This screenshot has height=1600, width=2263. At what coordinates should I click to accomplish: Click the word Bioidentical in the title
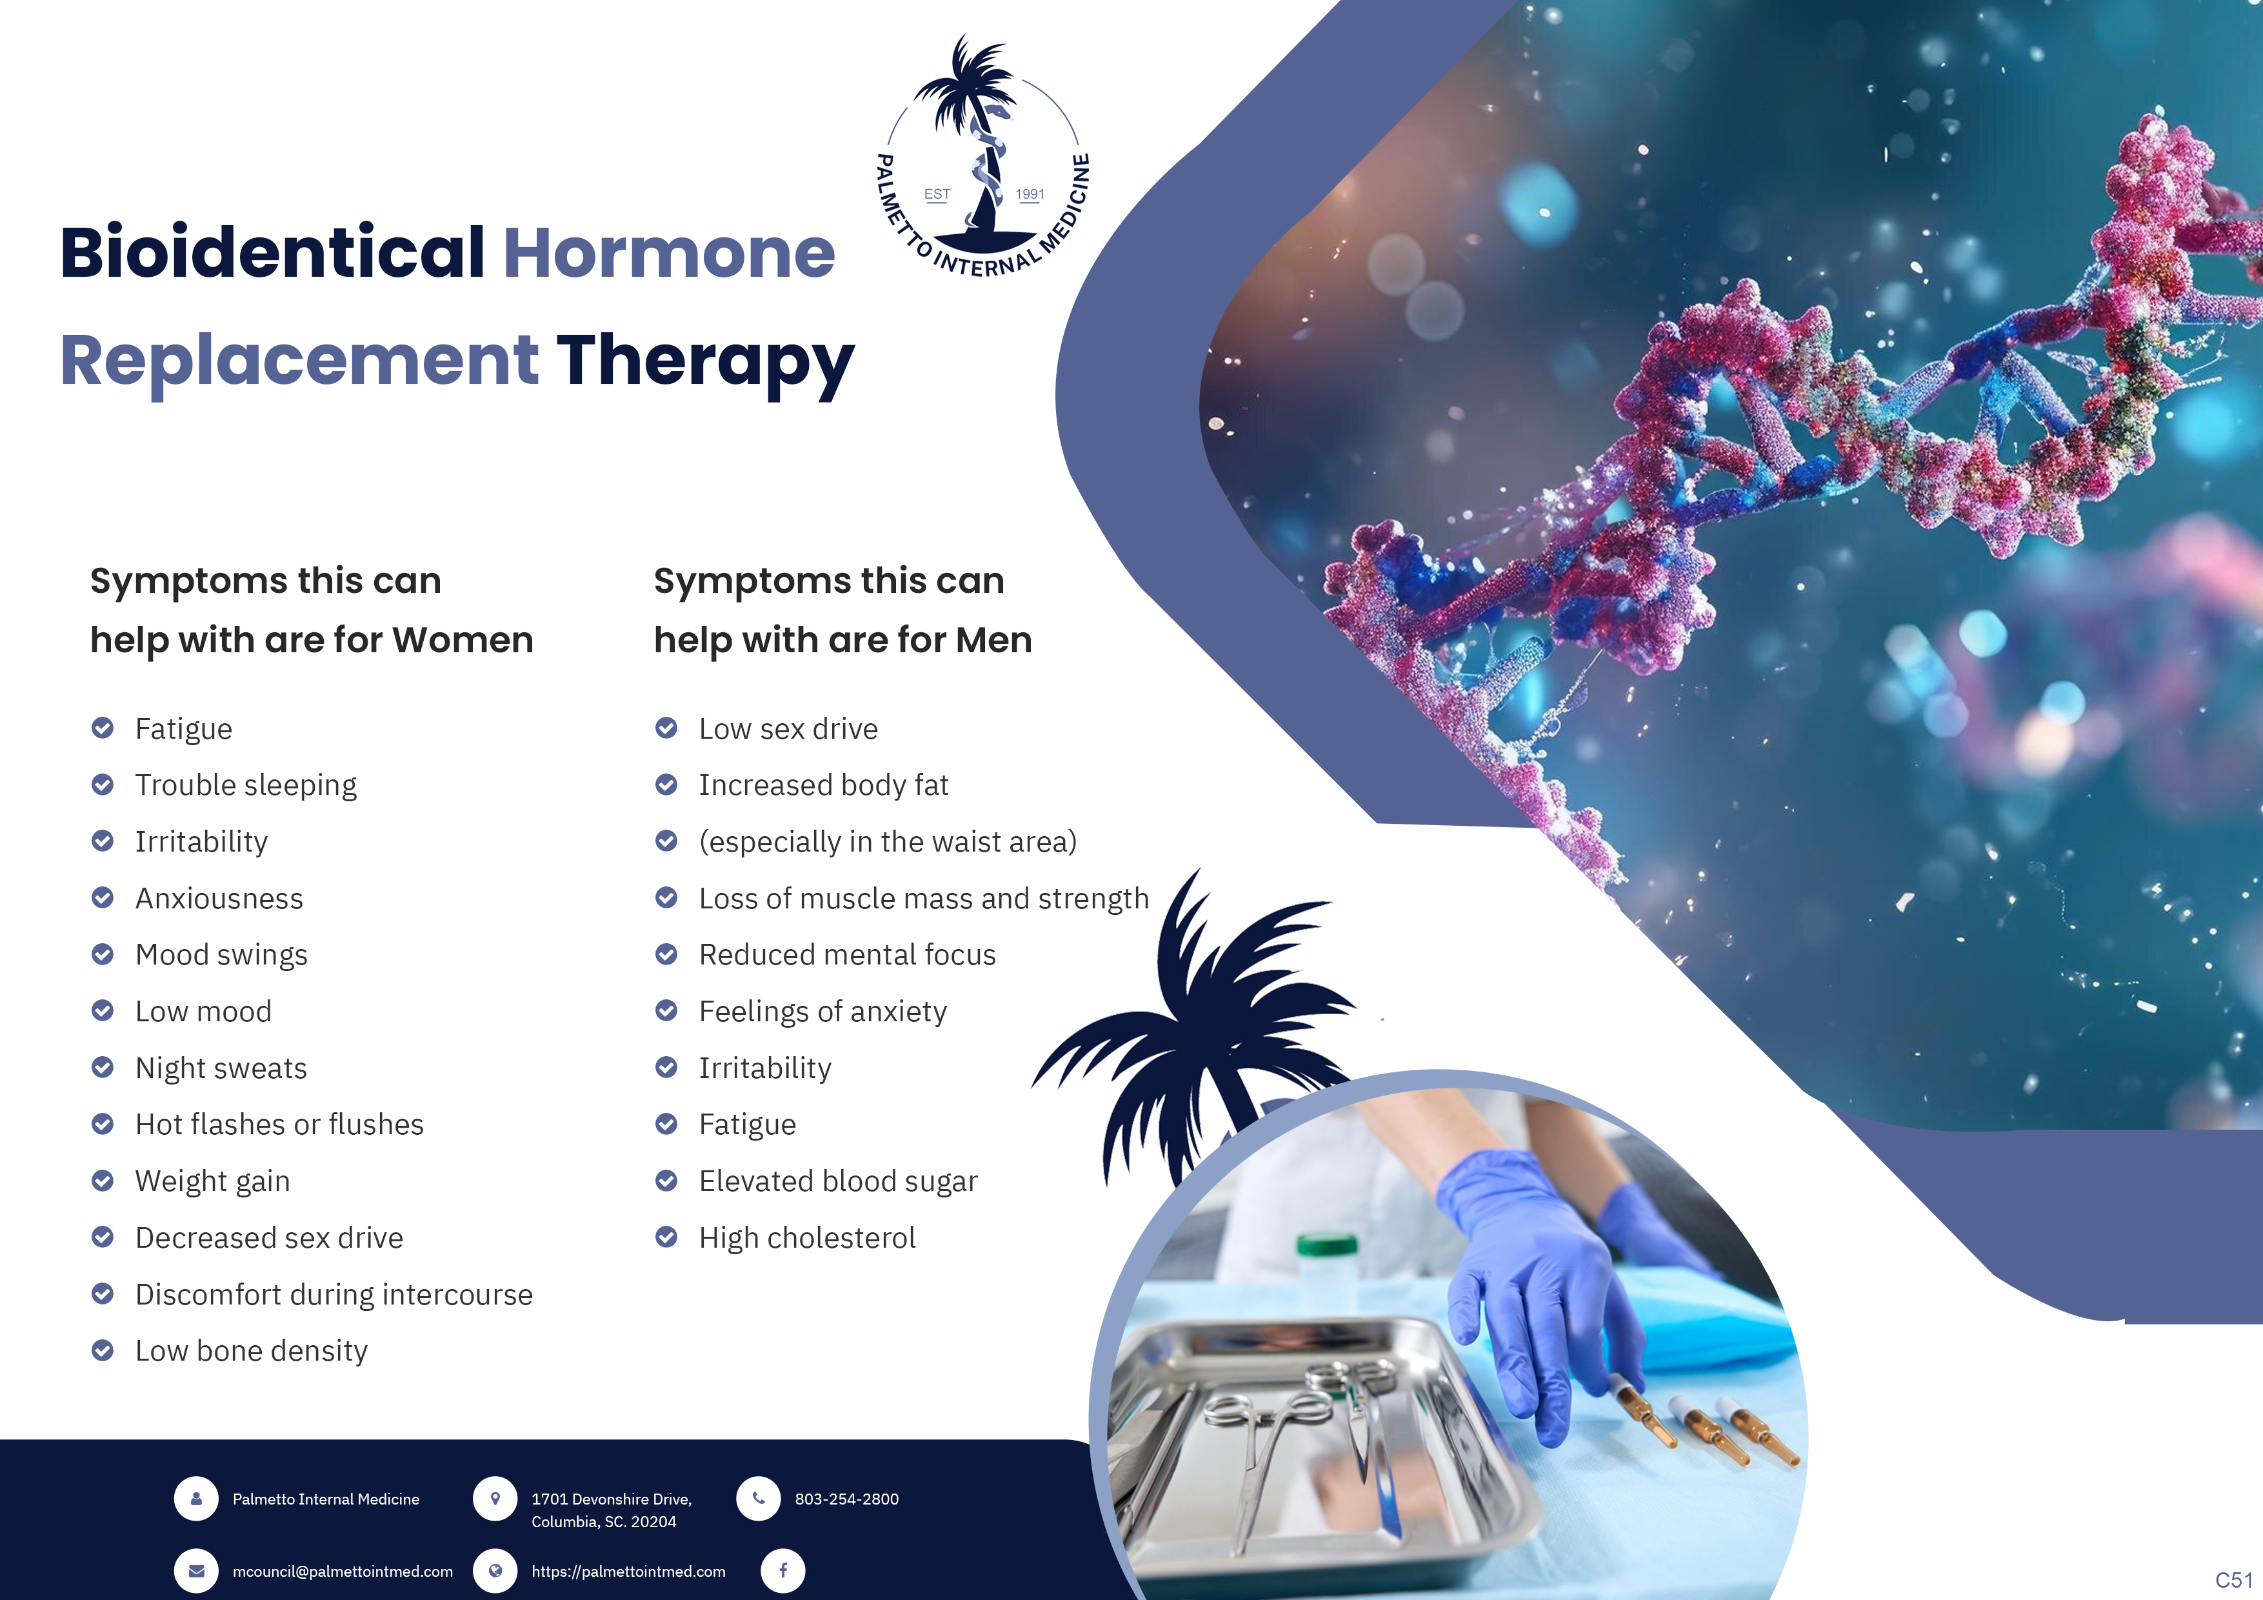click(x=272, y=252)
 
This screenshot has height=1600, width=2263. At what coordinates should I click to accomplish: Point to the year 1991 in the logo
click(x=1030, y=194)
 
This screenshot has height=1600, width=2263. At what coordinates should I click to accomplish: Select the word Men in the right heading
click(x=993, y=640)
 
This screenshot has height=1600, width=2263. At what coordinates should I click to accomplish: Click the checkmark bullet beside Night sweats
click(x=103, y=1068)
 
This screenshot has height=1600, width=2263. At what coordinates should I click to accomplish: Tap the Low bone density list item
click(x=252, y=1350)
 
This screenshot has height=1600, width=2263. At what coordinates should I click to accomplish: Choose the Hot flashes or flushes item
click(x=279, y=1124)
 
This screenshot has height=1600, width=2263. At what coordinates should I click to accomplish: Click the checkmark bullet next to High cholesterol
click(x=666, y=1237)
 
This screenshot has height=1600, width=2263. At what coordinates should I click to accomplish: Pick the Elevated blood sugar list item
click(x=838, y=1181)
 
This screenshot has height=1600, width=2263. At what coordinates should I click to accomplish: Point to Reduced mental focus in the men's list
click(x=846, y=954)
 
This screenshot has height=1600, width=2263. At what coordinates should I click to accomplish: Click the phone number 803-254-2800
click(x=846, y=1499)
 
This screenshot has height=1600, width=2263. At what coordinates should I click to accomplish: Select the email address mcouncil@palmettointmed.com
click(x=342, y=1572)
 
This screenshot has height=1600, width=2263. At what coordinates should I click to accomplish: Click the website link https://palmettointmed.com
click(x=628, y=1572)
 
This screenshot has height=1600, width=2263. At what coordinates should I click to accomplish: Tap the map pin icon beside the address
click(x=495, y=1499)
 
